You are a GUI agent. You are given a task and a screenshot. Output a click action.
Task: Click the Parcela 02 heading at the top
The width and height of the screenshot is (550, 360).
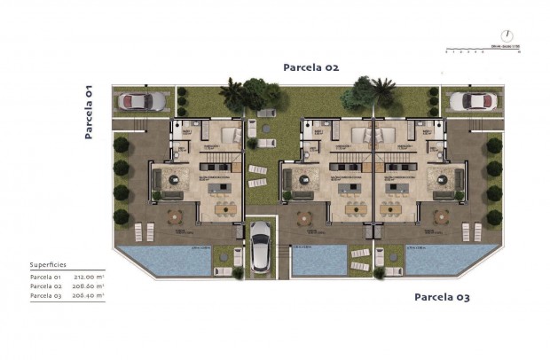click(x=310, y=67)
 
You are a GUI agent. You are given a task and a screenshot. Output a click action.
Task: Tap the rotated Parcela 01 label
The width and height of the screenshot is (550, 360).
click(x=89, y=112)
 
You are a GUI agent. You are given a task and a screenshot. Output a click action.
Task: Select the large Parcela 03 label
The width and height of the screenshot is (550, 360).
click(x=442, y=296)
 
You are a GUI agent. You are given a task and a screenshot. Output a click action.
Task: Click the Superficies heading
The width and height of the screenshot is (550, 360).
click(x=48, y=264)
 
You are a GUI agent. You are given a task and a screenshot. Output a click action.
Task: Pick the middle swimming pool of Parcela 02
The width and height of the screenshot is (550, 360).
click(x=318, y=259)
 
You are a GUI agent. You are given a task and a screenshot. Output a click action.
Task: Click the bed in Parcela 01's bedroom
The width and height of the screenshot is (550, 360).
click(x=228, y=135)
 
